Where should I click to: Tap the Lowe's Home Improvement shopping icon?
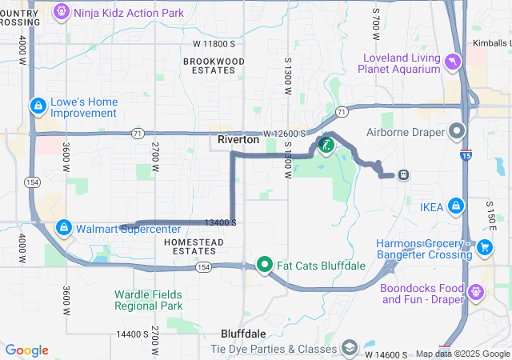(38, 106)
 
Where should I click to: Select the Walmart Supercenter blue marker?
(64, 228)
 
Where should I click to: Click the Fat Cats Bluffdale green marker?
(265, 264)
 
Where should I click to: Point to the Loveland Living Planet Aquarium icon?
(454, 62)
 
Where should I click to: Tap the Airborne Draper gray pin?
(457, 130)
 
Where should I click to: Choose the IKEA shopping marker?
(455, 206)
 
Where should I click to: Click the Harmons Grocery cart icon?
(484, 248)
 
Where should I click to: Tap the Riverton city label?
(238, 139)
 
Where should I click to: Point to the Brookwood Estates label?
(214, 66)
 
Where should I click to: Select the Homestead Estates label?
(190, 246)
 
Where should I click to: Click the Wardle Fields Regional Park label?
(148, 299)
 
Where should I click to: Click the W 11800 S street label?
(214, 43)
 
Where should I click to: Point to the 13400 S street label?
(220, 222)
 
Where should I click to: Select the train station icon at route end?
(404, 174)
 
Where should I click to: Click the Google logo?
(27, 350)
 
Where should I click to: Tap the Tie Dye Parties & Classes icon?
(350, 348)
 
